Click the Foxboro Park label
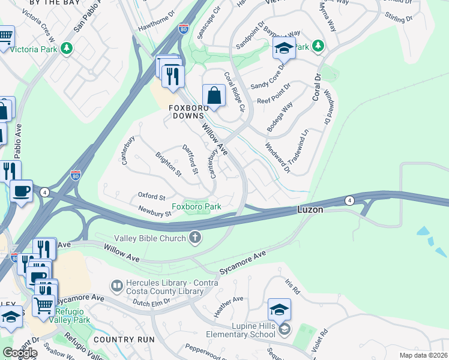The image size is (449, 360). point(197,207)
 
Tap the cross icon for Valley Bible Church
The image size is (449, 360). point(194,238)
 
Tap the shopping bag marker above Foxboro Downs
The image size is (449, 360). point(214,95)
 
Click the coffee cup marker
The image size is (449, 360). point(22,191)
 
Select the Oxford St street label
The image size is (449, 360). point(151,197)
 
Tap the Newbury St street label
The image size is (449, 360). point(155,213)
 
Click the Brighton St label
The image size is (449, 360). point(167,164)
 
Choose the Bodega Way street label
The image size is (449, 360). point(280,117)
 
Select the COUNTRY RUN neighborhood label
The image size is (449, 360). point(124,340)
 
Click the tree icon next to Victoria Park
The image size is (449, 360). point(66,48)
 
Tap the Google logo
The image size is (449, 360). point(20,353)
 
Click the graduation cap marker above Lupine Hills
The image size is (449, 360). point(279,310)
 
